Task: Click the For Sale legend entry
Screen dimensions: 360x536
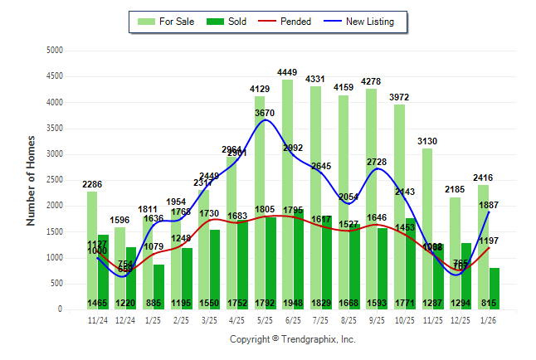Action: point(166,22)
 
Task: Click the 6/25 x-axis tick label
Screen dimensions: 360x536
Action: point(292,319)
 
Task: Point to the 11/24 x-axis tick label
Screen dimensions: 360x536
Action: point(97,319)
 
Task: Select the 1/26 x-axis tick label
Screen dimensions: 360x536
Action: point(489,319)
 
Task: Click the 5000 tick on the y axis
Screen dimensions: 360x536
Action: point(54,51)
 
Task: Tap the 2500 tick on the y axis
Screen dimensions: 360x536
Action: point(54,180)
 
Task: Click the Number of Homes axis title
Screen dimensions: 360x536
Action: point(31,180)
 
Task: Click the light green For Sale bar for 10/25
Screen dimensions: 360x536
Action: point(399,207)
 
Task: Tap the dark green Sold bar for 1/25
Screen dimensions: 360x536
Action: point(158,287)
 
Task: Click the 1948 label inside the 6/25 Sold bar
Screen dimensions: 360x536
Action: point(299,303)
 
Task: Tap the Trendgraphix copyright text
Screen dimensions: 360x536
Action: point(292,339)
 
